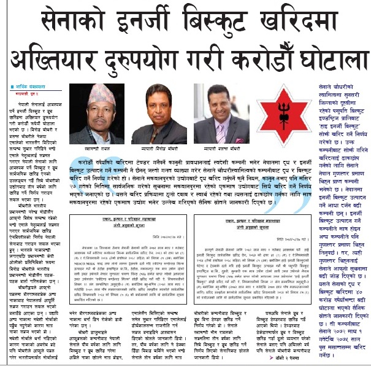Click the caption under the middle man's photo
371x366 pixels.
coord(161,149)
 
